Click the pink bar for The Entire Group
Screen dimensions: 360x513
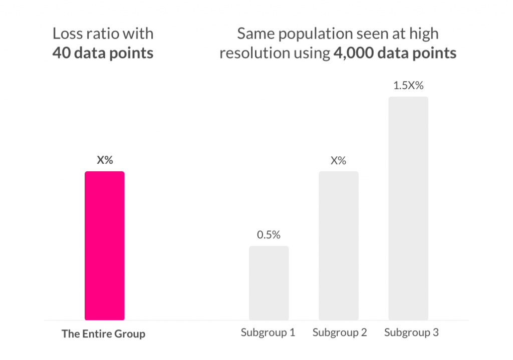(x=104, y=245)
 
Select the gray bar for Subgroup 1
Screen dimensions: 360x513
(x=269, y=283)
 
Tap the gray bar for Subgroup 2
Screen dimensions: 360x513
(x=338, y=245)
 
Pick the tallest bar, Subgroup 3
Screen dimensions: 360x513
(x=408, y=208)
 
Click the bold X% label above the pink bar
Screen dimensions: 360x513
(x=105, y=160)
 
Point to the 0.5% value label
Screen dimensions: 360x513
(x=269, y=235)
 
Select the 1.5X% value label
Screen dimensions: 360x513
(x=408, y=86)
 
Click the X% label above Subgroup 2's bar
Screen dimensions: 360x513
(x=338, y=161)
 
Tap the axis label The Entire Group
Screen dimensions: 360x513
(x=103, y=333)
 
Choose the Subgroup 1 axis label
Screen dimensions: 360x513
(x=268, y=332)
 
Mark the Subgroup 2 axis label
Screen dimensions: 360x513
(x=340, y=332)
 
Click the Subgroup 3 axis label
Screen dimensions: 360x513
(x=411, y=332)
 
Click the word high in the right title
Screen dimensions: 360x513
(x=425, y=34)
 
